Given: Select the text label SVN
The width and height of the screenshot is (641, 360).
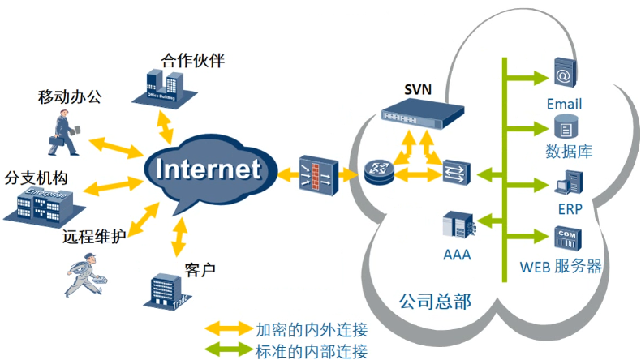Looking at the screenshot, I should click(x=419, y=88).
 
